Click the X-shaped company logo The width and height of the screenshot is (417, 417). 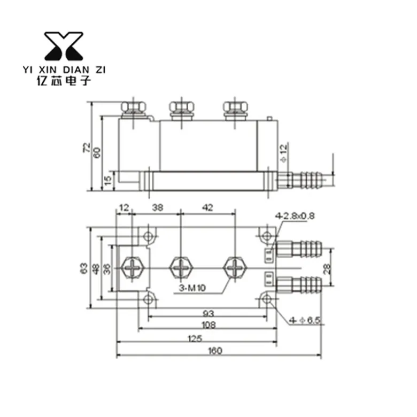click(64, 46)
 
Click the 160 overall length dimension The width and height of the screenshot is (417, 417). click(215, 351)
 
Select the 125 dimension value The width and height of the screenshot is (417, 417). click(195, 338)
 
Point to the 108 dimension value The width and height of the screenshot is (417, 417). click(208, 325)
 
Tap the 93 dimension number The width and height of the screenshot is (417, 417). click(208, 314)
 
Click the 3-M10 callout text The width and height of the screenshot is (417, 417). click(192, 288)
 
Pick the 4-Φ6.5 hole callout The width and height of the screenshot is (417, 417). click(305, 320)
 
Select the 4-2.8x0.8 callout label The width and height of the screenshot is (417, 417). click(295, 215)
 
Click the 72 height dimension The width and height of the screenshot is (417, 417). click(87, 148)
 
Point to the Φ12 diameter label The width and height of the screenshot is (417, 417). click(284, 153)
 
